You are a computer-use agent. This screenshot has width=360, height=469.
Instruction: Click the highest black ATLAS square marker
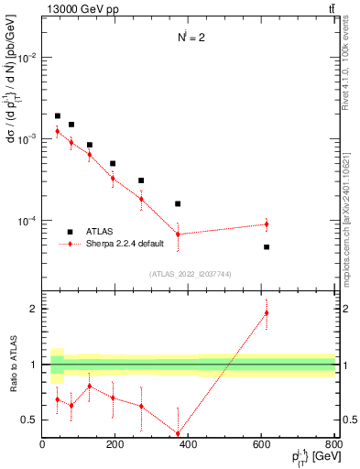[x=57, y=116]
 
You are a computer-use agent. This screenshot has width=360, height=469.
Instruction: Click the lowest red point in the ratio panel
[x=178, y=434]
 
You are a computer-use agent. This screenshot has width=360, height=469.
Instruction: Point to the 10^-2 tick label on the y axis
[x=28, y=57]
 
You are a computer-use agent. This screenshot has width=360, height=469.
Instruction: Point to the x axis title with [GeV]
[x=311, y=457]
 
